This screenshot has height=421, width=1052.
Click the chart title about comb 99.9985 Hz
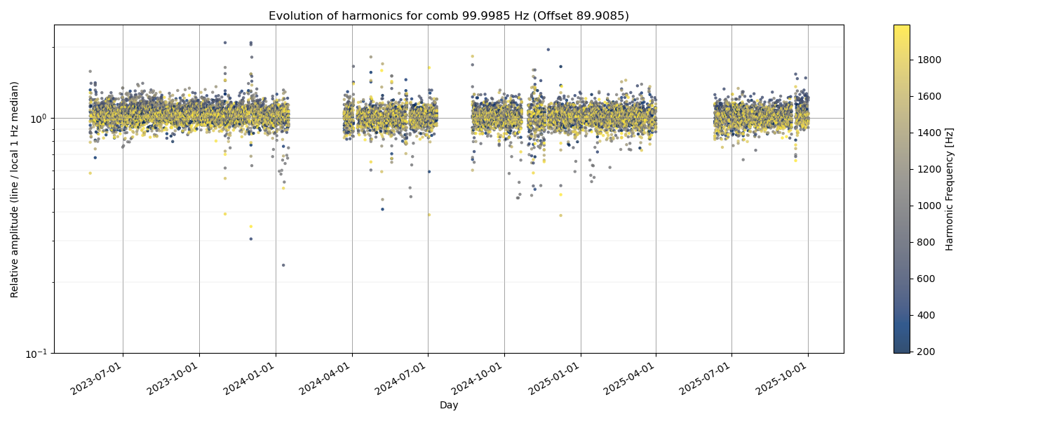449,15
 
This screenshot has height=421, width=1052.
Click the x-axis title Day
449,406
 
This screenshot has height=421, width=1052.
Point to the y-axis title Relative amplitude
15,189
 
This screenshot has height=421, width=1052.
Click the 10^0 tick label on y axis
38,119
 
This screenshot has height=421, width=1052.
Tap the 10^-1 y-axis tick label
36,353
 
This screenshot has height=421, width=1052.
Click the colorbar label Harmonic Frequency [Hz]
950,189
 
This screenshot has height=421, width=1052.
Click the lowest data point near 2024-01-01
283,265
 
